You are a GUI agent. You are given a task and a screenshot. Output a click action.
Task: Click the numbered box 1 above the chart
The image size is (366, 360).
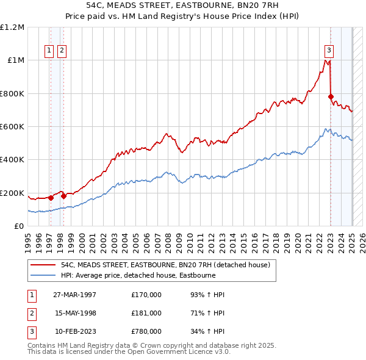(x=48, y=51)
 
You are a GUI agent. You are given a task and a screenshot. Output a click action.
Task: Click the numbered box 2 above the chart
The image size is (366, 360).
(x=62, y=51)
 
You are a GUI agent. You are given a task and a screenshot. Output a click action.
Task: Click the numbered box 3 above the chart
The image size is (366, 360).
(x=329, y=51)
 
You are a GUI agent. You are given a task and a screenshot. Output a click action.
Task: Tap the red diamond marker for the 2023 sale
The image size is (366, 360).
(x=331, y=96)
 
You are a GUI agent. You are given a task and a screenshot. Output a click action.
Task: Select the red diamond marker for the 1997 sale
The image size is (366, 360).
(x=51, y=198)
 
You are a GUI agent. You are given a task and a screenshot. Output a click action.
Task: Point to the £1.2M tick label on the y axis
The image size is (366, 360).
(x=12, y=27)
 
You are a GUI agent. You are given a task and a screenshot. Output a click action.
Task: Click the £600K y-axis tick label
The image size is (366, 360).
(x=12, y=127)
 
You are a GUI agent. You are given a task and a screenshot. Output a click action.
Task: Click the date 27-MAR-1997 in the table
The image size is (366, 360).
(x=74, y=295)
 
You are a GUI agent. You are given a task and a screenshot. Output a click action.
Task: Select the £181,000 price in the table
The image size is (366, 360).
(x=146, y=313)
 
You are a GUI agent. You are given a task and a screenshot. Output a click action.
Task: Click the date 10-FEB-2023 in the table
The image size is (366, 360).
(x=74, y=331)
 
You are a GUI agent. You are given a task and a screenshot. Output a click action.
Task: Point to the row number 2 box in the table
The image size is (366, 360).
(x=31, y=313)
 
